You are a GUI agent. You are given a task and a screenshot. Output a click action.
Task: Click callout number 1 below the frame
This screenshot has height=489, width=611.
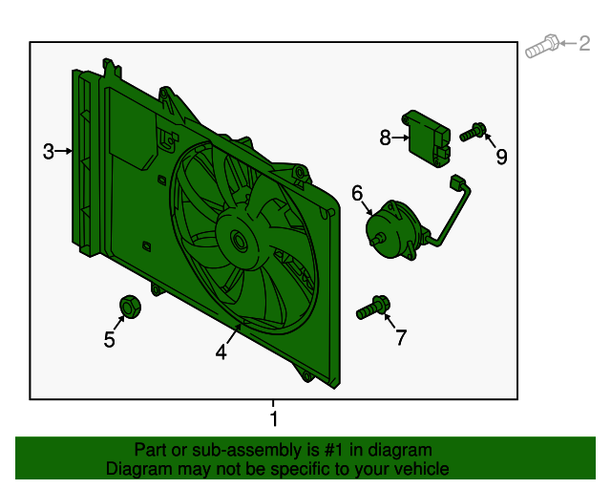pos(274,418)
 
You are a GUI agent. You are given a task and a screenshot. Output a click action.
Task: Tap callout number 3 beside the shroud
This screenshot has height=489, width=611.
pos(49,151)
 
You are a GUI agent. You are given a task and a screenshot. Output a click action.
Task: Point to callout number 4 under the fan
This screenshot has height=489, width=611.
pos(221,352)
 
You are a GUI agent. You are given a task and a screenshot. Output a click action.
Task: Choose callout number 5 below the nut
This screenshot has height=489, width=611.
pos(110,340)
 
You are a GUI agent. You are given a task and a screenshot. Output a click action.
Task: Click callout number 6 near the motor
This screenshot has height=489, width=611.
pos(357,194)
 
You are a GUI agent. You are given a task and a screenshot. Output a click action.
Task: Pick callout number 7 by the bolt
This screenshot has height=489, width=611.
pos(400,337)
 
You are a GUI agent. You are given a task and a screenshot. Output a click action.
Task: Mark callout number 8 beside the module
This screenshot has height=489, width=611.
pos(385,138)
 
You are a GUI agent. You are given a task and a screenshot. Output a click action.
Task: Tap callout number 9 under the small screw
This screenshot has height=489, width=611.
pos(500,158)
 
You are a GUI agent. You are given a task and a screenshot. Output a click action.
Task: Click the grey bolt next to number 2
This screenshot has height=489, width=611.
pos(542,43)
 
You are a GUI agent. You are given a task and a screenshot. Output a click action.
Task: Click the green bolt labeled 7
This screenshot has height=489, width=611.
pos(373,308)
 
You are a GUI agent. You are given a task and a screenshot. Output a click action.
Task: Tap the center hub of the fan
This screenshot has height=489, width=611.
pos(238,240)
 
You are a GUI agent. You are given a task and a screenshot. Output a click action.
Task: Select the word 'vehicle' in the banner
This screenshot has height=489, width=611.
pos(419,469)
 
